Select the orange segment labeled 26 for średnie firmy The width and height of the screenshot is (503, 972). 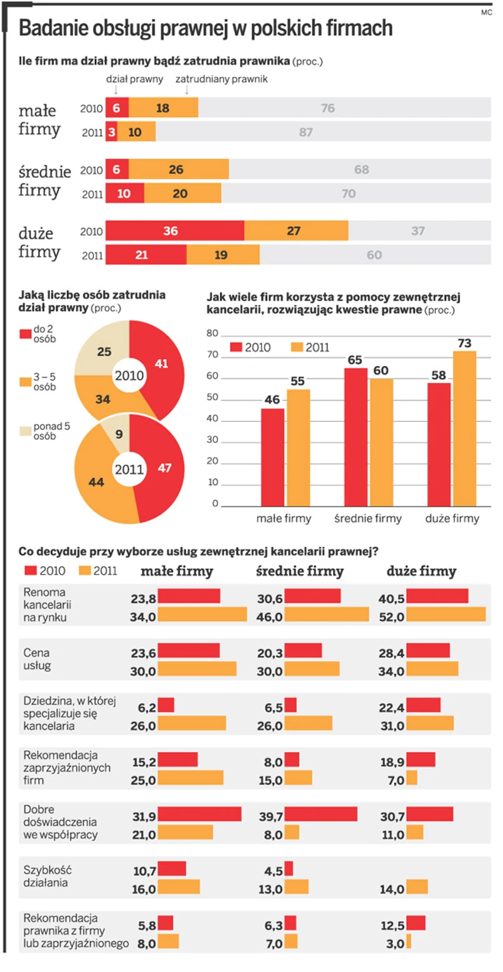tap(179, 169)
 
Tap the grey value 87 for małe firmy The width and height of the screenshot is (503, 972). tap(306, 132)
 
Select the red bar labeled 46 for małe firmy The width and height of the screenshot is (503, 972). tap(272, 457)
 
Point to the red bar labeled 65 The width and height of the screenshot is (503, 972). tap(356, 437)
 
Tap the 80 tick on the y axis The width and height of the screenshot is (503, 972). tap(213, 333)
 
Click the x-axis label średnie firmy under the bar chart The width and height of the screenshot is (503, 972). tap(368, 518)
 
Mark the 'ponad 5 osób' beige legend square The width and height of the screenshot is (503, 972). tap(24, 431)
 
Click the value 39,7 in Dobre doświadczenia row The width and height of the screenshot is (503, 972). tap(269, 814)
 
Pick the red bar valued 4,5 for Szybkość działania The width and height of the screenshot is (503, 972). tap(289, 868)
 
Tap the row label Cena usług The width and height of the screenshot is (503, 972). tap(36, 658)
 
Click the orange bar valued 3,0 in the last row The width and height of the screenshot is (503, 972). tap(409, 942)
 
